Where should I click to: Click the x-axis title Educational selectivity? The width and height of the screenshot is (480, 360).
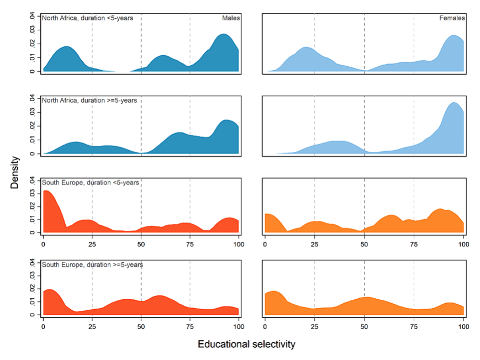(246, 345)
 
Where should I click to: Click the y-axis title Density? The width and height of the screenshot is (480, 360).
(15, 172)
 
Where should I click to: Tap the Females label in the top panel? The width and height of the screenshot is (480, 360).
(452, 18)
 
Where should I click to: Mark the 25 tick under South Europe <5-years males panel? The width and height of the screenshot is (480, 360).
(92, 242)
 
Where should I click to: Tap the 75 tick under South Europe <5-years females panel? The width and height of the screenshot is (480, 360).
(414, 242)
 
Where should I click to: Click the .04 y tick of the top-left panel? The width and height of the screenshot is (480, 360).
(32, 15)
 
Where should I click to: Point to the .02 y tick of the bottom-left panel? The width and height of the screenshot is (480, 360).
(32, 288)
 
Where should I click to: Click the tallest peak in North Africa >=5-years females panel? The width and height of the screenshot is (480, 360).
(454, 103)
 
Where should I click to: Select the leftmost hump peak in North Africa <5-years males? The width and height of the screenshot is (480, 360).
(66, 47)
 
